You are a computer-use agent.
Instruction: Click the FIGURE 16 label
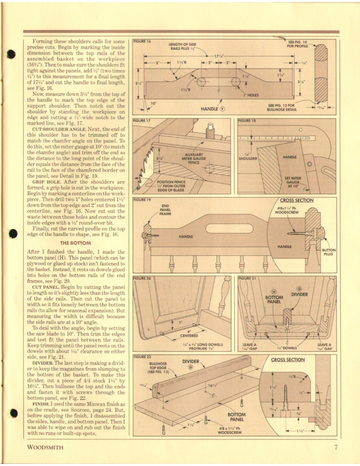click(x=142, y=42)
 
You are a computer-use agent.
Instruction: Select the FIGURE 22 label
click(x=142, y=357)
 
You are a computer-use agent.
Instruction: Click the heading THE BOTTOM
click(x=76, y=243)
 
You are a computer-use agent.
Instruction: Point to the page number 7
click(x=335, y=448)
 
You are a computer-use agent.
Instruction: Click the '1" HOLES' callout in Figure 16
click(x=251, y=95)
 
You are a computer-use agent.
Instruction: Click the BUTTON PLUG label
click(x=329, y=252)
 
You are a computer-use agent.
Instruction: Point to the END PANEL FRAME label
click(x=166, y=210)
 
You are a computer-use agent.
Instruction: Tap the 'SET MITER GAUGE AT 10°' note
click(x=293, y=182)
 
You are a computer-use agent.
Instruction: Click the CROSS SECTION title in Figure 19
click(x=296, y=200)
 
